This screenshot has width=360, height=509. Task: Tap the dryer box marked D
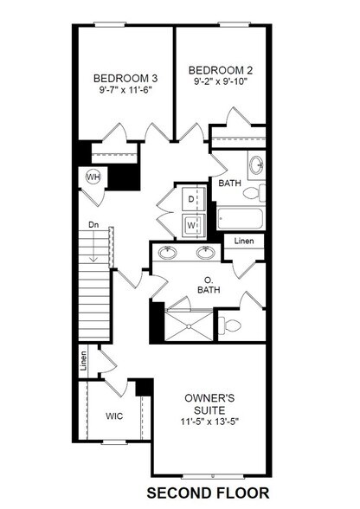click(x=191, y=198)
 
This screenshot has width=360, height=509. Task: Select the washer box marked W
click(x=191, y=224)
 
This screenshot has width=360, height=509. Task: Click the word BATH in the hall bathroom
click(x=230, y=184)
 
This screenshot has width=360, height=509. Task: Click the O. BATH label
click(x=208, y=285)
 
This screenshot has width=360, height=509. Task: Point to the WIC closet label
click(x=115, y=416)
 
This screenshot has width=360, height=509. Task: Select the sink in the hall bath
click(x=256, y=162)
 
